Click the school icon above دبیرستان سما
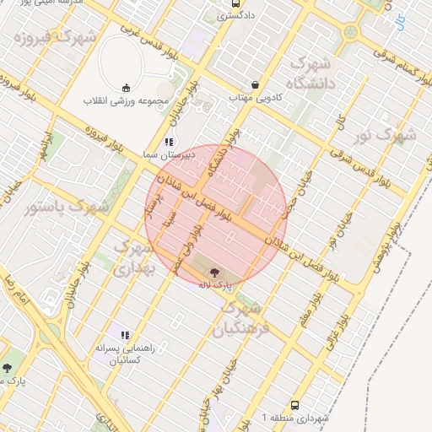[169, 142]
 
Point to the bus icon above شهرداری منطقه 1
[294, 406]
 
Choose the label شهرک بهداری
[135, 258]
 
